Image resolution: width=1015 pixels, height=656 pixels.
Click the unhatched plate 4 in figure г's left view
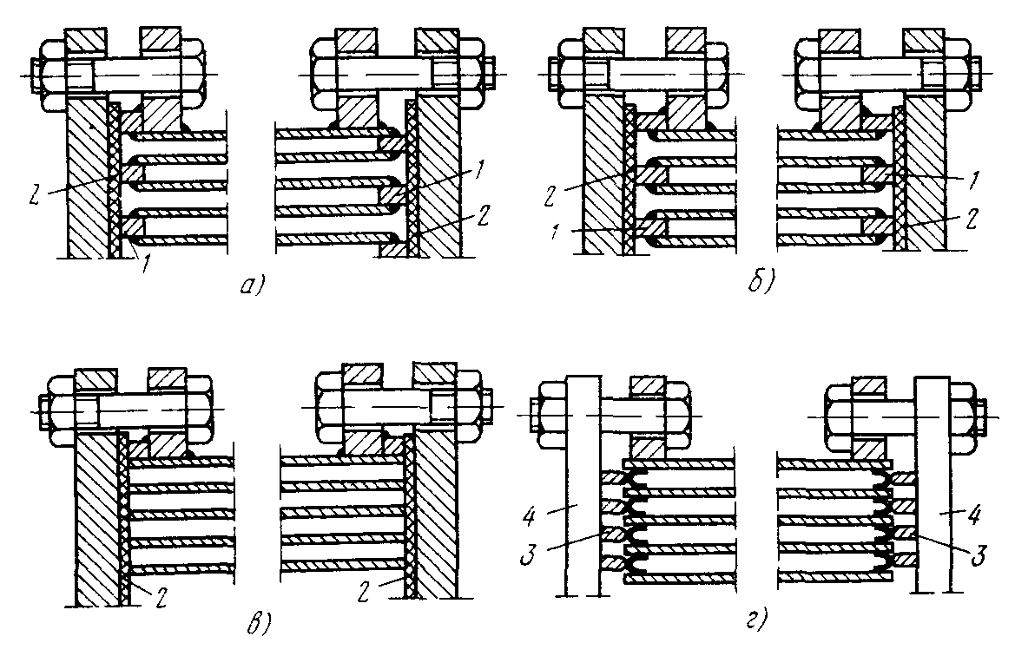[582, 486]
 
